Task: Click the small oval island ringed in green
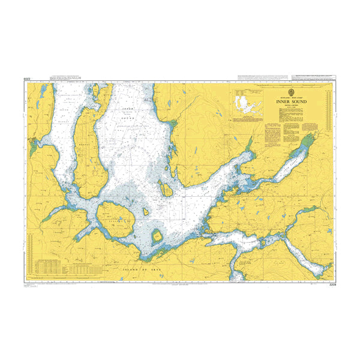157,235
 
